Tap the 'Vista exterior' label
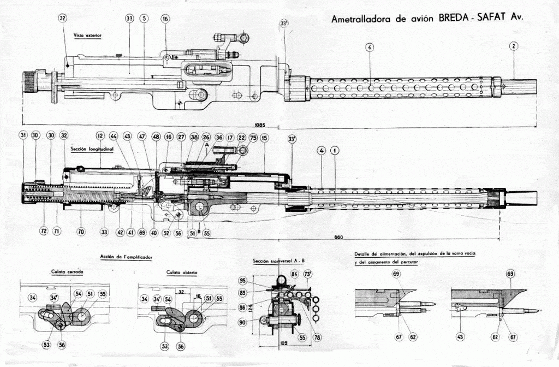pos(88,35)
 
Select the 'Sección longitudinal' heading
pos(92,149)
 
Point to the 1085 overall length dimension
pos(260,126)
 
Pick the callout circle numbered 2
pos(514,46)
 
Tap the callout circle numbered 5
pos(144,19)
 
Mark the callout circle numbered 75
pos(253,138)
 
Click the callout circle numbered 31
pos(23,135)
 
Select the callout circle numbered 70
pos(81,232)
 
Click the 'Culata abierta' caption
pos(182,271)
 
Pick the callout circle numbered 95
pos(258,281)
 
